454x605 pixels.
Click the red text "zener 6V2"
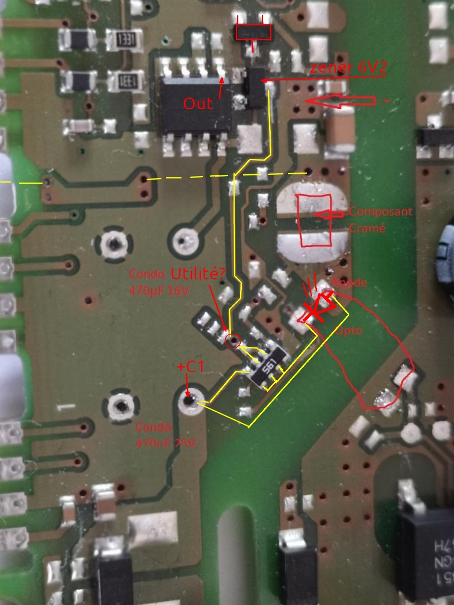(349, 68)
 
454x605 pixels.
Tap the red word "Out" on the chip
(197, 104)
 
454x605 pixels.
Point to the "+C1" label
(190, 367)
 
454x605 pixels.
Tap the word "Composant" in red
(381, 212)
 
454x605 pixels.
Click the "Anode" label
(350, 283)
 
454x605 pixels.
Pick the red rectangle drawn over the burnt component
(315, 220)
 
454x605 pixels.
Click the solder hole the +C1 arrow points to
(189, 401)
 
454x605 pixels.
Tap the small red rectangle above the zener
(254, 32)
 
